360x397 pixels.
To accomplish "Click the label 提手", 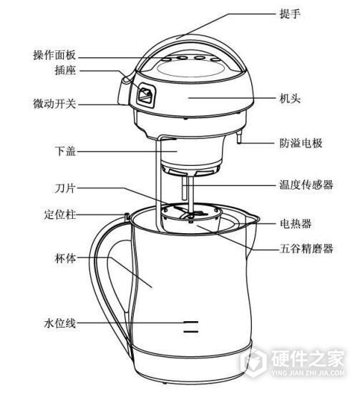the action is [290, 14].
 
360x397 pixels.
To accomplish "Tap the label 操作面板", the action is [54, 55].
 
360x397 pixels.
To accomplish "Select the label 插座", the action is [65, 70].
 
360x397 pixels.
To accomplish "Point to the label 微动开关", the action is [54, 104].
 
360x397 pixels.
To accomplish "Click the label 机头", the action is [290, 99].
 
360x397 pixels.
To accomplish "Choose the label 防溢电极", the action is [301, 143].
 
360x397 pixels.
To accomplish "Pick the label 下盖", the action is [65, 151].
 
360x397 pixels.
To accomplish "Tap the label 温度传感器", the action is [306, 185].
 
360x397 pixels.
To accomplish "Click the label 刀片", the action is [65, 188].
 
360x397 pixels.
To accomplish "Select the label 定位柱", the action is [60, 215].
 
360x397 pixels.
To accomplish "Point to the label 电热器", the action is [296, 224].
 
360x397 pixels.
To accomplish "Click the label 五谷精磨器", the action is [306, 248].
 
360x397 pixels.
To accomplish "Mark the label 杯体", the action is [65, 258].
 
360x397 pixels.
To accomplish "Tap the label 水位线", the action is [60, 323].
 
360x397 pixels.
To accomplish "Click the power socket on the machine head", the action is [146, 94].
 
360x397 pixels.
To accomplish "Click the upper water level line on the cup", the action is [191, 322].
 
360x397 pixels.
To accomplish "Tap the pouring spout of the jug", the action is [251, 220].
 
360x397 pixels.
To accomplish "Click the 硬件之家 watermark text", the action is [308, 358].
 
